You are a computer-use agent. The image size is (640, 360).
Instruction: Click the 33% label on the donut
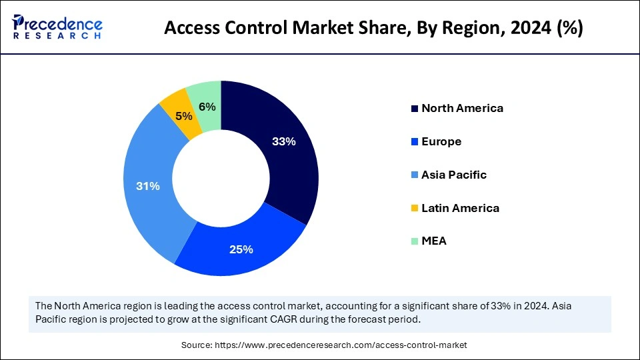click(284, 141)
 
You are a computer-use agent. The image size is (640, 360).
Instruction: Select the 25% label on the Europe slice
click(241, 249)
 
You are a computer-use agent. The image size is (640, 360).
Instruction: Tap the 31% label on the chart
click(148, 187)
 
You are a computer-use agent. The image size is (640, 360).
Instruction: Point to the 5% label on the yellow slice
click(184, 115)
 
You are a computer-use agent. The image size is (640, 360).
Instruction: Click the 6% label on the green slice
click(207, 107)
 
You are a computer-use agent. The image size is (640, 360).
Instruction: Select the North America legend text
click(462, 108)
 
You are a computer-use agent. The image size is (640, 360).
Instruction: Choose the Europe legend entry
click(441, 141)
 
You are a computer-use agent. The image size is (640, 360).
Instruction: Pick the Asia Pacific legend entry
click(454, 175)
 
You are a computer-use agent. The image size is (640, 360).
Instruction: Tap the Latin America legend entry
click(460, 208)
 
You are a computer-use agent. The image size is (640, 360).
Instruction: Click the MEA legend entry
click(434, 241)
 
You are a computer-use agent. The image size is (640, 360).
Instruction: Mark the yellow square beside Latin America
click(415, 209)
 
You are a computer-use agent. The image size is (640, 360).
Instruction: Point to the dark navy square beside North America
click(415, 109)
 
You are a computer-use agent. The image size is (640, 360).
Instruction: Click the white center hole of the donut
click(221, 179)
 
